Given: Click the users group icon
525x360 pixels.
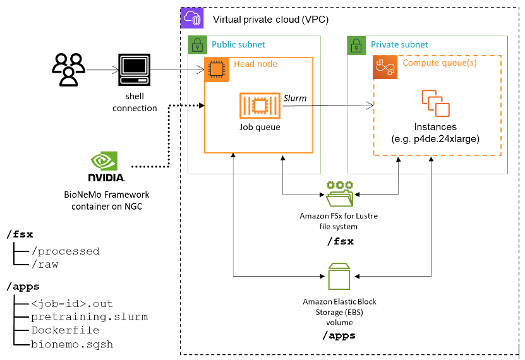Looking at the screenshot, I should coord(68,69).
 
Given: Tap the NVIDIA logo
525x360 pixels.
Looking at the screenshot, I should coord(106,167).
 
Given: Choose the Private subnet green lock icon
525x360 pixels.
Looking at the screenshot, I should coord(356,45).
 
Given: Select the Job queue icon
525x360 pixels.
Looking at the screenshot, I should coord(260,105).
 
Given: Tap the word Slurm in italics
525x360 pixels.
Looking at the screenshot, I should coord(295,97).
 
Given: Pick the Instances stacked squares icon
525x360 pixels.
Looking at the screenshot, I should coord(435,103).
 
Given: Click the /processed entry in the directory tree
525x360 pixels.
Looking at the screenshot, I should coord(65,251).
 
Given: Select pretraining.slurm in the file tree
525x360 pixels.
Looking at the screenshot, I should coord(89,316).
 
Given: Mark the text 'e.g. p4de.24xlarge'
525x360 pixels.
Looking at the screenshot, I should coord(435,139).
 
